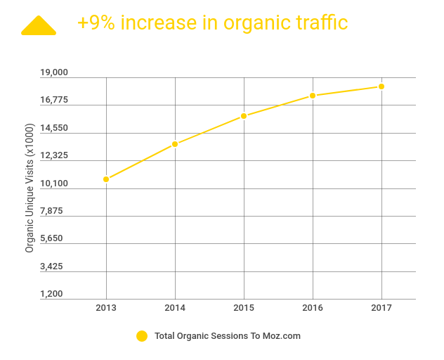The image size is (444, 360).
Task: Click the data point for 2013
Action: pyautogui.click(x=106, y=179)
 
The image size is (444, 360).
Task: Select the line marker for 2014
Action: pyautogui.click(x=175, y=144)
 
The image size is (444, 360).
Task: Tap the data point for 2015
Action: pyautogui.click(x=244, y=116)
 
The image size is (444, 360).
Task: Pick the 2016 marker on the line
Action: pyautogui.click(x=313, y=96)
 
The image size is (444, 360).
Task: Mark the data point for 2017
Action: pyautogui.click(x=381, y=86)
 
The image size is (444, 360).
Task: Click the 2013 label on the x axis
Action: pyautogui.click(x=106, y=309)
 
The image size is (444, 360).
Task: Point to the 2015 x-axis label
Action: pyautogui.click(x=244, y=309)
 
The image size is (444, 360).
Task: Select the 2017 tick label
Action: pyautogui.click(x=381, y=309)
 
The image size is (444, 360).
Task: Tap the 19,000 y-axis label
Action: pyautogui.click(x=53, y=72)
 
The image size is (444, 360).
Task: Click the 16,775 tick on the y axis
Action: pyautogui.click(x=53, y=100)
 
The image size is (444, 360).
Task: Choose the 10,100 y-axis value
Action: pyautogui.click(x=53, y=184)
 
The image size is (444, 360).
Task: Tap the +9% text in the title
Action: pyautogui.click(x=97, y=22)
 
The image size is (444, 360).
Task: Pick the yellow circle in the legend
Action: pyautogui.click(x=142, y=336)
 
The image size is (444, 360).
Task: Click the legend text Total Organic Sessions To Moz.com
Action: pyautogui.click(x=227, y=336)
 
